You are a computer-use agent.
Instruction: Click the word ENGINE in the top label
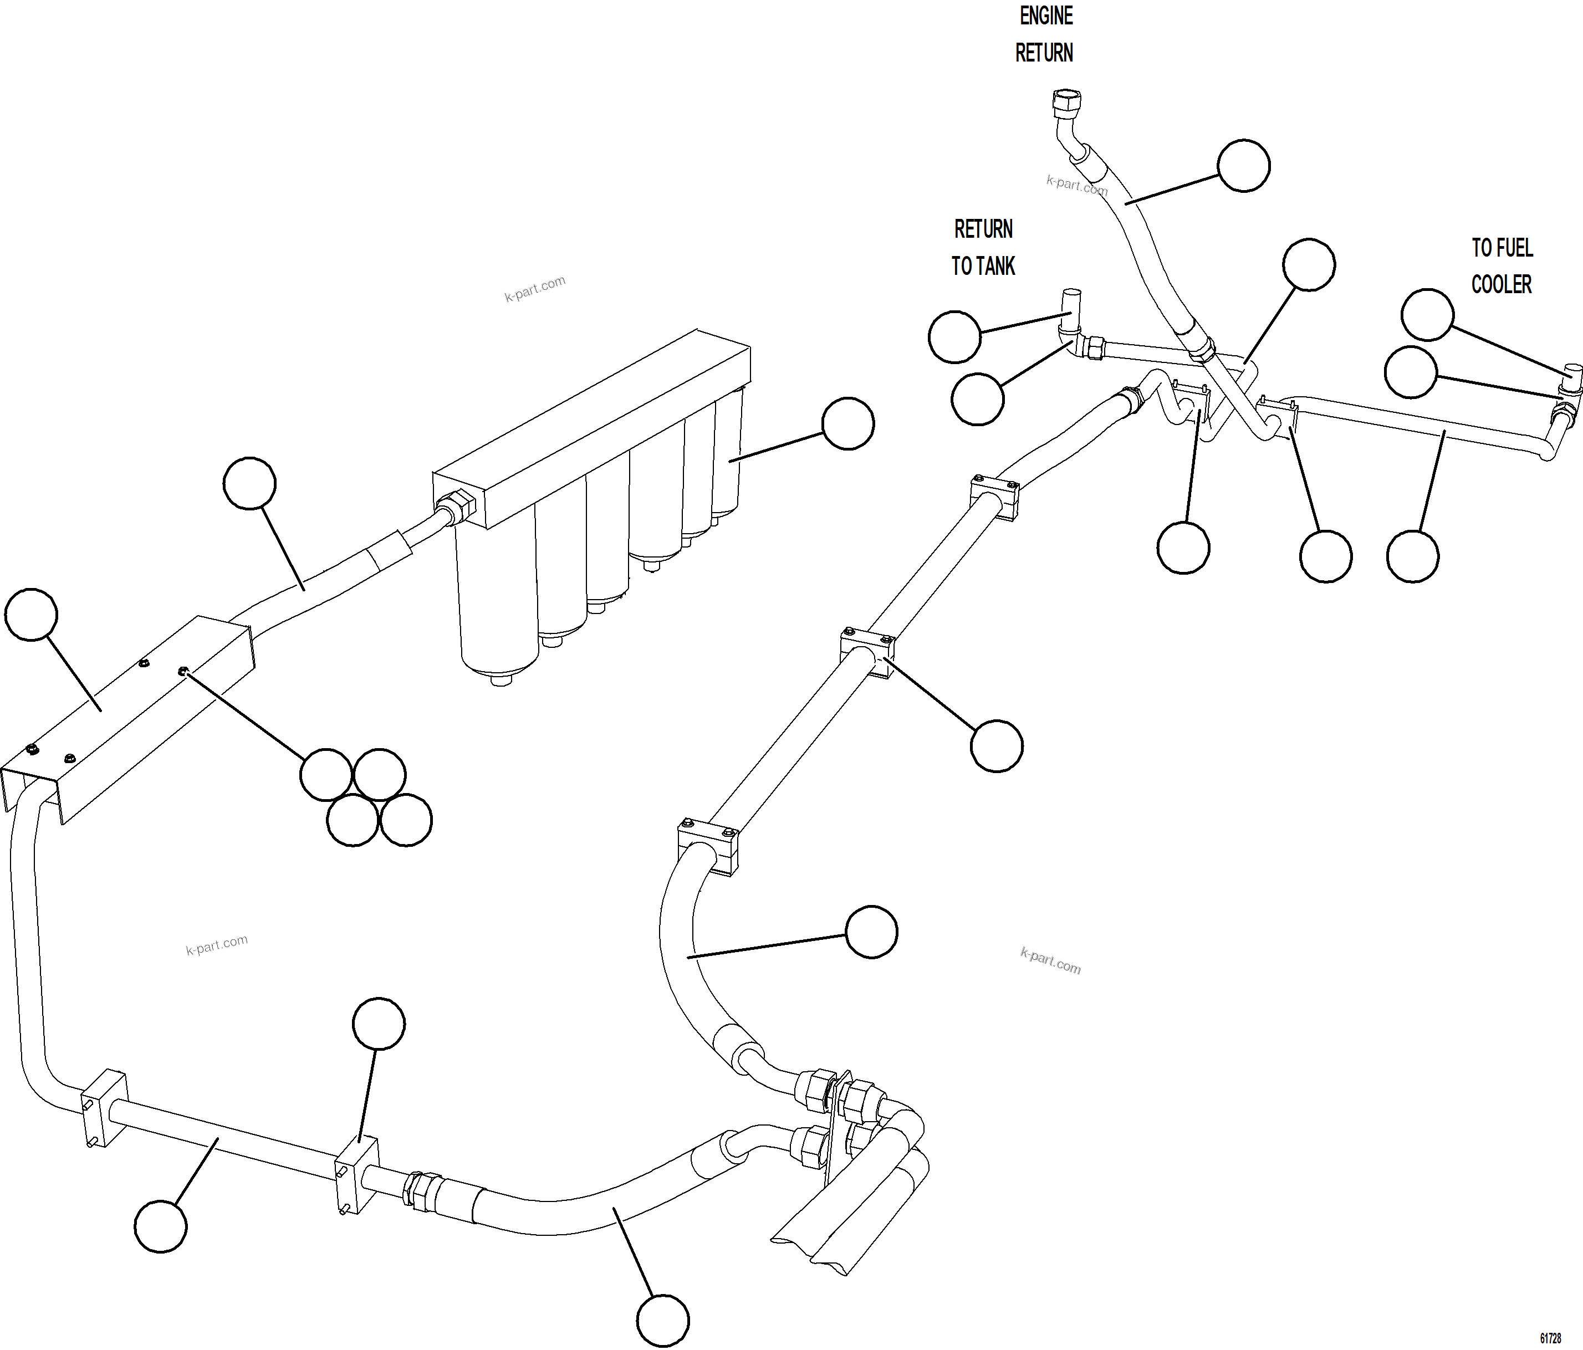tap(1046, 16)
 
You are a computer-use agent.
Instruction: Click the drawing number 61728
tap(1550, 1338)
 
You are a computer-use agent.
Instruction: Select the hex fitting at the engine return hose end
tap(1066, 101)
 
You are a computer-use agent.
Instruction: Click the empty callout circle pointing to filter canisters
tap(847, 423)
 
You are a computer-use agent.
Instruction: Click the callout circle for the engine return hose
tap(1243, 166)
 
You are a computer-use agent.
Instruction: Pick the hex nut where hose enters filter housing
tap(456, 507)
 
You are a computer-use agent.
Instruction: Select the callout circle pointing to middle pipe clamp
tap(996, 746)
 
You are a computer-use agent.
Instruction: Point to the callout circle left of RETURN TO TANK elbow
tap(954, 336)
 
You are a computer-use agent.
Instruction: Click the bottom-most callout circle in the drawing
tap(662, 1320)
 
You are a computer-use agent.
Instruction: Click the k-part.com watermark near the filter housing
tap(535, 288)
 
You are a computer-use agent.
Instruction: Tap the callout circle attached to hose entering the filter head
tap(249, 483)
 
